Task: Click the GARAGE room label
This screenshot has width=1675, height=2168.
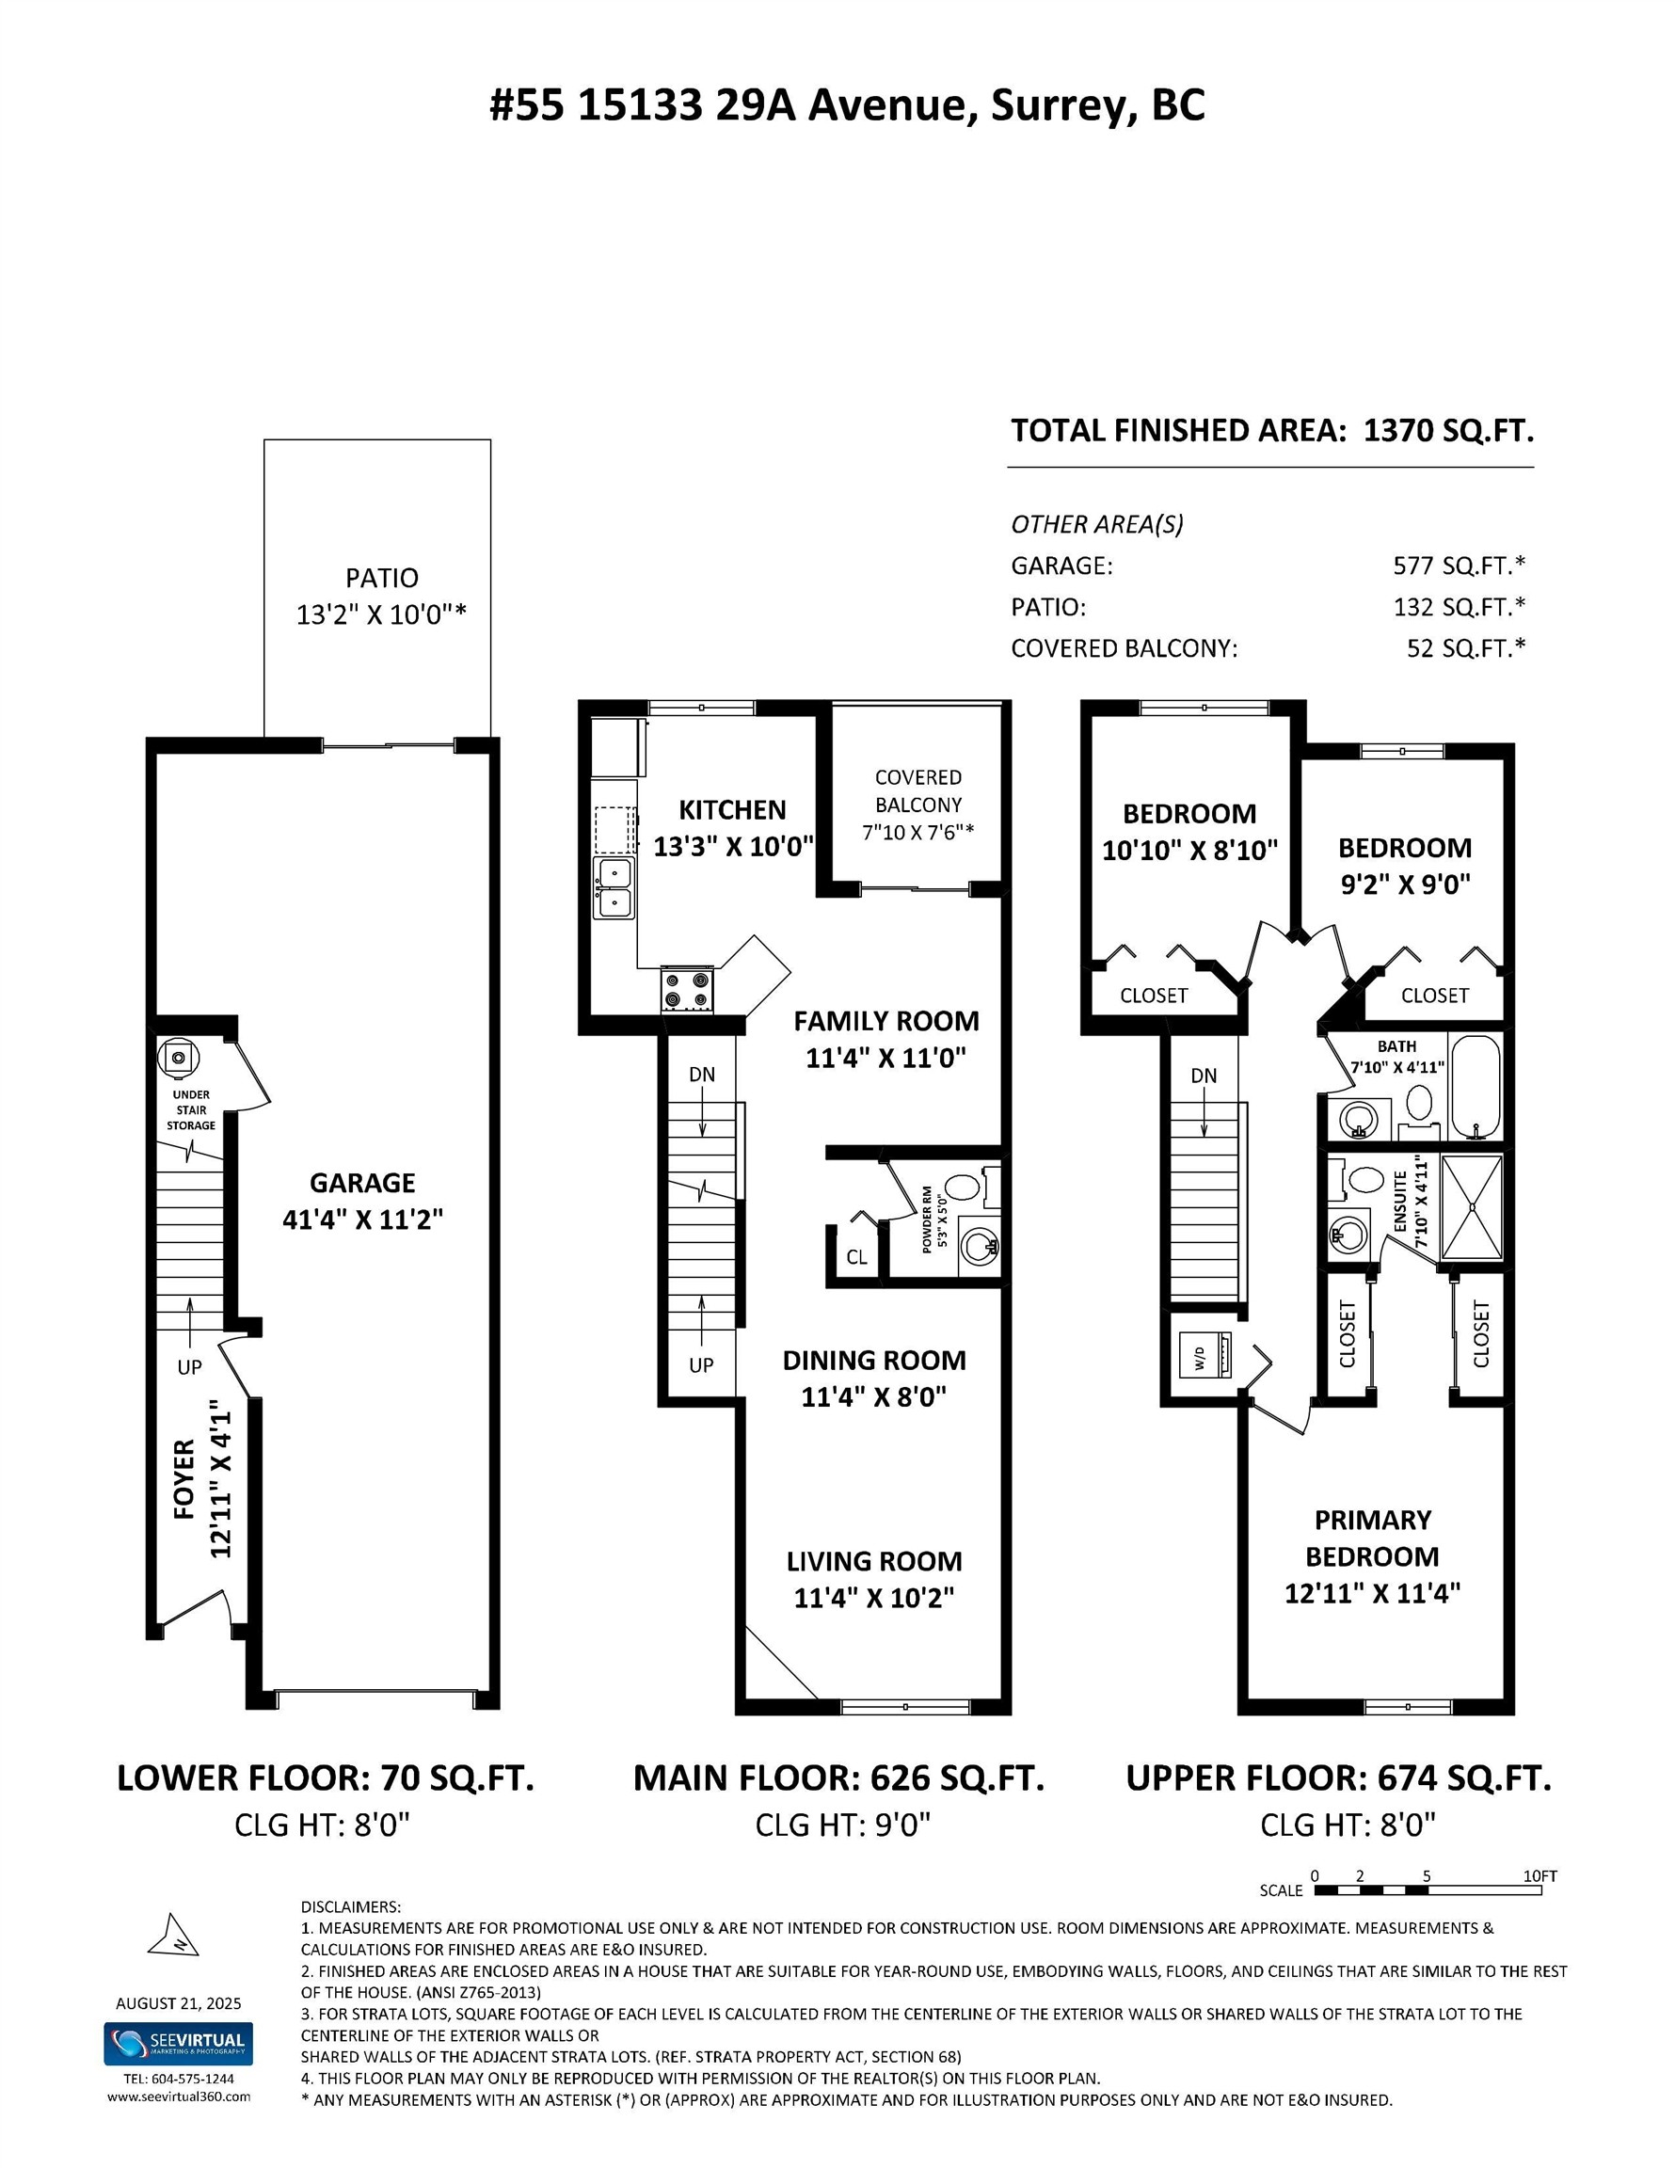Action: pos(362,1182)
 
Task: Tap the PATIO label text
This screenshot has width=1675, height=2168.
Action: pos(381,578)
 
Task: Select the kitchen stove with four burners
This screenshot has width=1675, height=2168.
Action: pos(687,990)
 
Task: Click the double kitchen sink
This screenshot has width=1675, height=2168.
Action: pos(614,887)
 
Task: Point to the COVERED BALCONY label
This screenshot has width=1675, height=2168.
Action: pos(917,790)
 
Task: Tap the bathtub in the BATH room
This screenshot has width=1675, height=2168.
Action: pos(1476,1087)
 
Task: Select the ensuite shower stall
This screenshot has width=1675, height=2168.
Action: pos(1472,1207)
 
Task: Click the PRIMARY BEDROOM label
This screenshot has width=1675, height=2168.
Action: pos(1372,1538)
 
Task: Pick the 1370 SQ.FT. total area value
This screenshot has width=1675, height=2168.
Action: pos(1448,431)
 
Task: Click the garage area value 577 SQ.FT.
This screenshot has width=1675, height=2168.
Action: pos(1458,566)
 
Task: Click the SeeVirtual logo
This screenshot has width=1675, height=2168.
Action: pos(178,2044)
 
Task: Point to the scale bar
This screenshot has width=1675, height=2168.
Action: pos(1427,1890)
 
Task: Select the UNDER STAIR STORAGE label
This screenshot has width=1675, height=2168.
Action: pos(191,1109)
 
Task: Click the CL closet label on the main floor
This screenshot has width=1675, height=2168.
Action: pos(857,1257)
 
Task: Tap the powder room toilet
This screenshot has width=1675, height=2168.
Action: pos(961,1186)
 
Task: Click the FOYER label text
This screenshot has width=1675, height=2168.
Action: pos(184,1478)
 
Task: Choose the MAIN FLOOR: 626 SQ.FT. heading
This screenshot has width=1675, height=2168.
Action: pos(838,1777)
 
